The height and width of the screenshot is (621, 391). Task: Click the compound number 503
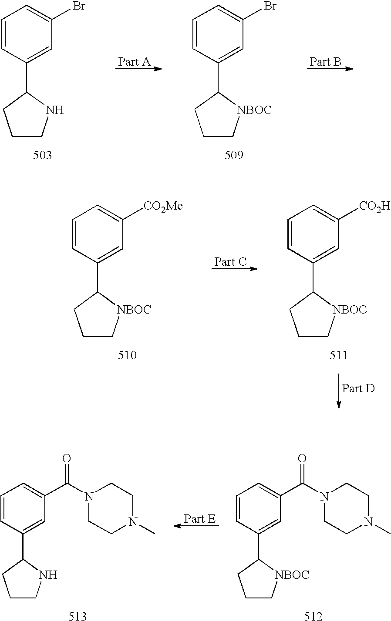click(x=42, y=155)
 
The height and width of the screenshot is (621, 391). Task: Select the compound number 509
click(x=234, y=155)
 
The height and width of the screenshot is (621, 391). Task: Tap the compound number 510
click(x=127, y=355)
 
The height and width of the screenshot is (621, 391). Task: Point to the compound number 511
click(x=339, y=355)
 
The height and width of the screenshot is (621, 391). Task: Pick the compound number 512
click(x=313, y=616)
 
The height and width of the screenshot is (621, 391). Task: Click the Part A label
click(x=134, y=62)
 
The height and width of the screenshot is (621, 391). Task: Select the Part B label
click(x=325, y=62)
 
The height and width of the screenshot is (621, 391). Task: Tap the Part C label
click(x=230, y=262)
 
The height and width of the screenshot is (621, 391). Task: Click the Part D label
click(x=358, y=388)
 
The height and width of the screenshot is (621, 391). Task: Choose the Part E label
click(x=200, y=519)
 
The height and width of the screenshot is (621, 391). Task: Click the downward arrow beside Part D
click(x=339, y=391)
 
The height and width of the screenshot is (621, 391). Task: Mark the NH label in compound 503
click(x=55, y=110)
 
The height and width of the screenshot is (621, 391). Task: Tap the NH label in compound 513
click(x=48, y=575)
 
